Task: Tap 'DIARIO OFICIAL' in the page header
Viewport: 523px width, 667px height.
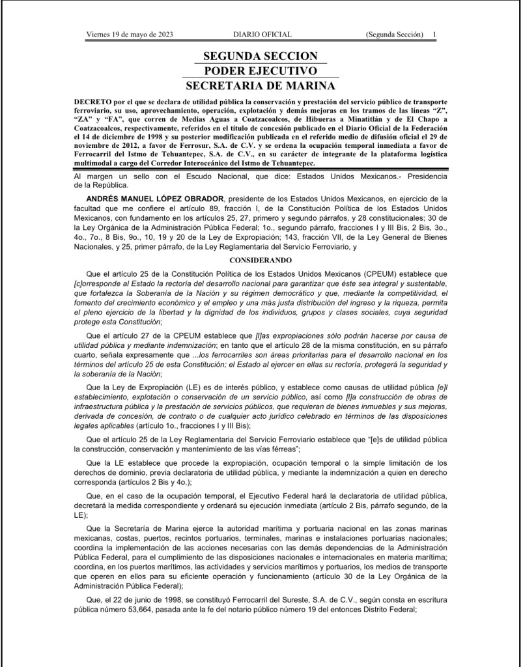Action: point(262,34)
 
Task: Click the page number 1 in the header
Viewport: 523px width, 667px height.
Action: point(435,34)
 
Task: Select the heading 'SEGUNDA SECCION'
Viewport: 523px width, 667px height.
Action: point(261,57)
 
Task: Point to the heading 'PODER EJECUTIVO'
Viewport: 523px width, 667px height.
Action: point(261,71)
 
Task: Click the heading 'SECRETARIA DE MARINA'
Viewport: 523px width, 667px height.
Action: point(261,85)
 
